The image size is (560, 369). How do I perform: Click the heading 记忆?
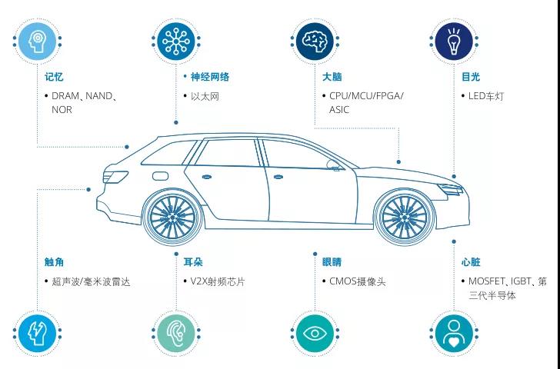click(x=54, y=77)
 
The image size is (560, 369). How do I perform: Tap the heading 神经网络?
click(x=210, y=77)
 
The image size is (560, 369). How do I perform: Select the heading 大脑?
click(x=332, y=77)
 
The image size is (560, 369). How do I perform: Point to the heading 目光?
click(x=471, y=77)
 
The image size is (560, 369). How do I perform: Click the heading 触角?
click(x=54, y=262)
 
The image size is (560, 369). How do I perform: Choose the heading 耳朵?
click(x=193, y=262)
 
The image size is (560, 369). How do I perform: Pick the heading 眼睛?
click(x=332, y=262)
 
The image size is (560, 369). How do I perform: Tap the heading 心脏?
click(x=471, y=262)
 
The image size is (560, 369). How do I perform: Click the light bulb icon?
click(x=454, y=41)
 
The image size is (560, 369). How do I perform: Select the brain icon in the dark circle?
click(x=315, y=42)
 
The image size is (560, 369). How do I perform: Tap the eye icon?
click(x=315, y=334)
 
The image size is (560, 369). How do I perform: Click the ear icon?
click(x=176, y=334)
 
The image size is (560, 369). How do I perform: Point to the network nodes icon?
click(x=176, y=42)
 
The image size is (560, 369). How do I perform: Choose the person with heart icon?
click(x=454, y=334)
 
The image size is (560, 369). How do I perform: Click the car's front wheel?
click(x=405, y=217)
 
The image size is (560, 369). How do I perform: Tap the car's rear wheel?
click(x=172, y=217)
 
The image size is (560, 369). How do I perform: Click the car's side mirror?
click(x=333, y=165)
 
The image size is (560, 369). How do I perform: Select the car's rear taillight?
click(x=115, y=177)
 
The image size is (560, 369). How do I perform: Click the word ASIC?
click(x=339, y=110)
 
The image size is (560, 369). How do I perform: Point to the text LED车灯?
click(x=486, y=96)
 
